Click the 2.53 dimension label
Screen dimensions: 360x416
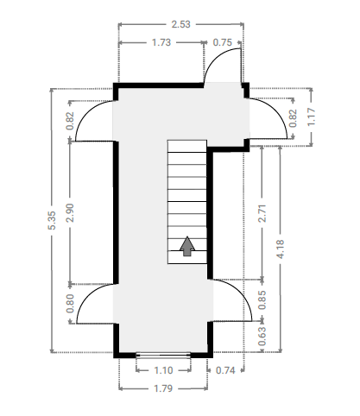(x=180, y=24)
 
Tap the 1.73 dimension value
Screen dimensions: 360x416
(x=161, y=42)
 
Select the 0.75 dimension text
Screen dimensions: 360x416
(x=222, y=42)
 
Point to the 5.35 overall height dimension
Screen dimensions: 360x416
(x=52, y=220)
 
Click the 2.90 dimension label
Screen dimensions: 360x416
(x=70, y=213)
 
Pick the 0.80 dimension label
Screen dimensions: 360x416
(x=70, y=303)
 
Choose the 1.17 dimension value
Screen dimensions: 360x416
(x=312, y=117)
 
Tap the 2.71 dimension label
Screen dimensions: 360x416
(x=262, y=213)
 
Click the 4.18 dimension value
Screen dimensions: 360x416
(x=280, y=249)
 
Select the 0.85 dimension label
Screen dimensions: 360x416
(x=262, y=300)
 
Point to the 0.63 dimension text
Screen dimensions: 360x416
(x=262, y=336)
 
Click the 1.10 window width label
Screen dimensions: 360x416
(x=163, y=370)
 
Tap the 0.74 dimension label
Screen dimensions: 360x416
(x=225, y=370)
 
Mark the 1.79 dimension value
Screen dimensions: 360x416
(x=163, y=388)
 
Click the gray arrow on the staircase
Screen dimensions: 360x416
(x=187, y=246)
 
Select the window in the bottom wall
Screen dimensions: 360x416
(x=163, y=356)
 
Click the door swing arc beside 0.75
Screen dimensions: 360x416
(x=217, y=57)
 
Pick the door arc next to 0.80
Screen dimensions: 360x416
(x=85, y=296)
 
